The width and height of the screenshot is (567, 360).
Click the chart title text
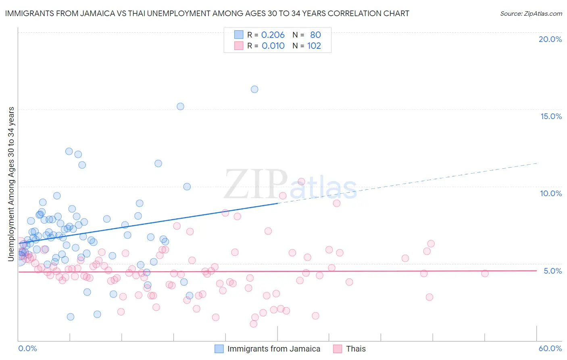tap(207, 13)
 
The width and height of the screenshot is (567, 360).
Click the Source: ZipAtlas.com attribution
tap(531, 13)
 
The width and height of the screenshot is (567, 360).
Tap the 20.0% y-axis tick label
tap(550, 39)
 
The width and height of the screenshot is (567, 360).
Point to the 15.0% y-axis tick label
tap(551, 116)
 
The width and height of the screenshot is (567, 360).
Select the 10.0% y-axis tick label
tap(551, 193)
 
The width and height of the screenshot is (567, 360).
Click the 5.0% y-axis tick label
tap(552, 271)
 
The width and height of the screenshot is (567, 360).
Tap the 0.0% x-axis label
tap(27, 348)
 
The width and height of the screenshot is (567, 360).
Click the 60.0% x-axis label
tap(550, 348)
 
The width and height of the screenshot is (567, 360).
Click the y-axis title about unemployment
tap(11, 184)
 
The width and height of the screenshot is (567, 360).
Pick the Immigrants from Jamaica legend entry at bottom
tap(273, 349)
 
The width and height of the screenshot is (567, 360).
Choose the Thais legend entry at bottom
tap(356, 349)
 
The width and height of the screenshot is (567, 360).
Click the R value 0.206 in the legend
tap(273, 35)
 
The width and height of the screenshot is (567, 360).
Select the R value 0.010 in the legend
tap(273, 46)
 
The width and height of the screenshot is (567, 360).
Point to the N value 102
tap(314, 46)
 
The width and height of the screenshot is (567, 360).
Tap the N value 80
tap(315, 35)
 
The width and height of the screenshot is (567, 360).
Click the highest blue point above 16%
tap(254, 89)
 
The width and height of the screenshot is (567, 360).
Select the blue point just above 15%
tap(180, 107)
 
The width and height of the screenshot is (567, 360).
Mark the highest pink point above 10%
tap(301, 182)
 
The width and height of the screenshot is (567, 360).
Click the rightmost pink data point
tap(485, 273)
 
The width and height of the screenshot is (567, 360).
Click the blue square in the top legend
tap(239, 35)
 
